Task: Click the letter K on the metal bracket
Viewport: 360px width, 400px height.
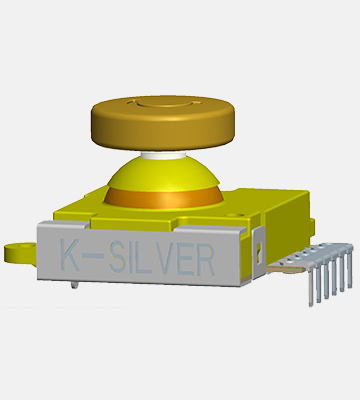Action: [70, 254]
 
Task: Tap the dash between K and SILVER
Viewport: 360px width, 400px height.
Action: [93, 256]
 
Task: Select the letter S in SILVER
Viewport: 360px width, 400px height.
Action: [117, 257]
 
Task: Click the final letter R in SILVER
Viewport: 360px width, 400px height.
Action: [206, 261]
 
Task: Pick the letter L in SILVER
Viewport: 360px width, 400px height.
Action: [143, 258]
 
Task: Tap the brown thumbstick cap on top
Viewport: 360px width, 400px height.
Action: [163, 123]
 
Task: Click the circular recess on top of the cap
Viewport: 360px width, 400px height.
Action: [164, 102]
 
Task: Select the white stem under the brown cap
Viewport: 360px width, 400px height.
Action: [163, 155]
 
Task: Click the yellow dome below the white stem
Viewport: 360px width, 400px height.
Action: [163, 173]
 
